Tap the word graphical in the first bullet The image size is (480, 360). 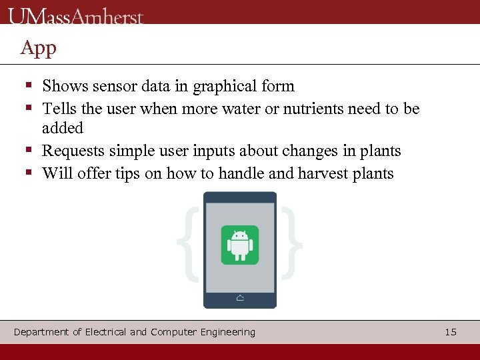[224, 86]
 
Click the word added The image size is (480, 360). [63, 128]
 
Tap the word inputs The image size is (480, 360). [226, 151]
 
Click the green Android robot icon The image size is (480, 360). [239, 245]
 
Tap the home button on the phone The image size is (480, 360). [240, 298]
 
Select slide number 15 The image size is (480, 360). [451, 332]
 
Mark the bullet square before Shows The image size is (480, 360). [29, 86]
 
